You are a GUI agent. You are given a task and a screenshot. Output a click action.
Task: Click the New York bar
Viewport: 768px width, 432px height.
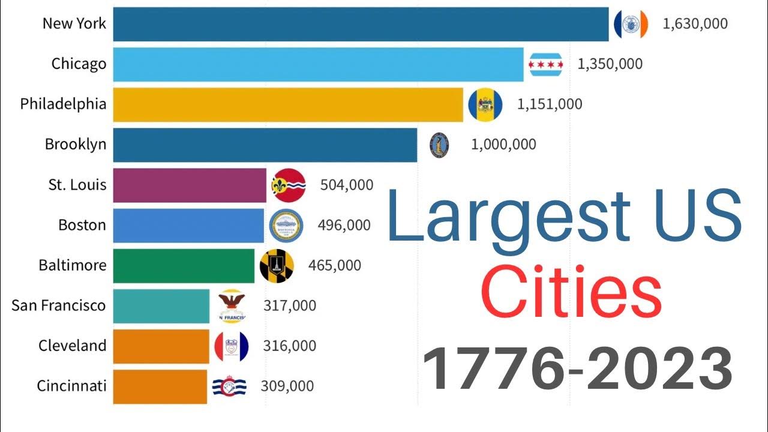361,24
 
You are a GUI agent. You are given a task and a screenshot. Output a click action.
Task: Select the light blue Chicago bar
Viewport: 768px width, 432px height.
318,64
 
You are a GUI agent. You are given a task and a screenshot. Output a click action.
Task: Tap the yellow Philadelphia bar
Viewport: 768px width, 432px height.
288,104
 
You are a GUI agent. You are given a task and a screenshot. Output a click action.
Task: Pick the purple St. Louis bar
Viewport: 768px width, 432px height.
190,185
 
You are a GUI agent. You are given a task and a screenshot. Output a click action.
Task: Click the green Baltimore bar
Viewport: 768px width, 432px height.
184,265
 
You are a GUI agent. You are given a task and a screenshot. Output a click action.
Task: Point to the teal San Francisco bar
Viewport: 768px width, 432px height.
161,305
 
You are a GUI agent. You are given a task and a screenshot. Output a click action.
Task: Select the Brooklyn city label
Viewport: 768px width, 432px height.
76,145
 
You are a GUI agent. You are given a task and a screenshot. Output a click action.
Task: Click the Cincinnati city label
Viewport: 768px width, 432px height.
71,386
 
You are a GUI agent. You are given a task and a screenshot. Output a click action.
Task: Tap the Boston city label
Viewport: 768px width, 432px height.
82,225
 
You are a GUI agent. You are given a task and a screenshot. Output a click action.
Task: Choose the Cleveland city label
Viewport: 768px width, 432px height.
73,346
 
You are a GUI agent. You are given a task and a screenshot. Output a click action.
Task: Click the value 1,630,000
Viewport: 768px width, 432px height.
695,24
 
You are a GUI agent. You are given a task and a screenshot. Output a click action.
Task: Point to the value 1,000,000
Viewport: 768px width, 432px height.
503,145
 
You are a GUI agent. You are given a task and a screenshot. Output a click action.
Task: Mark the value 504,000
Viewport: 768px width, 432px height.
347,185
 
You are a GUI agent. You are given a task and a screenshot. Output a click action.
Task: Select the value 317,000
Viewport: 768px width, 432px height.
289,305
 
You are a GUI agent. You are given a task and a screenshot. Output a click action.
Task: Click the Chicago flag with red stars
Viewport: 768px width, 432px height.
546,64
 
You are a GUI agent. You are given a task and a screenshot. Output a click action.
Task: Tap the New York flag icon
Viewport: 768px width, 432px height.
631,24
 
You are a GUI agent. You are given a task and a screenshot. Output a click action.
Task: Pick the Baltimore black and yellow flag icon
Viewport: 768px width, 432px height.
277,266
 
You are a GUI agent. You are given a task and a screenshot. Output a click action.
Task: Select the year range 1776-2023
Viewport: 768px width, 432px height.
577,367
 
